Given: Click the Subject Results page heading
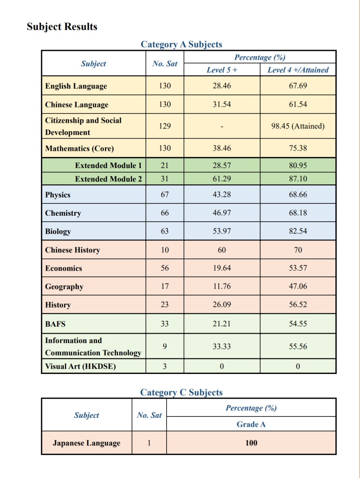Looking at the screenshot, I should click(62, 27).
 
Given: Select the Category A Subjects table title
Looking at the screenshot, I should click(181, 44).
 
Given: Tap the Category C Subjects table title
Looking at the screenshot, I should click(181, 393).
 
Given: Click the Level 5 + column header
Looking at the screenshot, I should click(222, 70).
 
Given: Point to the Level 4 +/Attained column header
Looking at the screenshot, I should click(298, 70).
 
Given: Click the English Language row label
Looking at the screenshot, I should click(76, 86).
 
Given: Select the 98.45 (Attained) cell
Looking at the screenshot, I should click(298, 127).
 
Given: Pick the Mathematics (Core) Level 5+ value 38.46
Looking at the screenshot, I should click(222, 148).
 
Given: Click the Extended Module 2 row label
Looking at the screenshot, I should click(108, 179).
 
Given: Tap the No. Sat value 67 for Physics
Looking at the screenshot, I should click(165, 195).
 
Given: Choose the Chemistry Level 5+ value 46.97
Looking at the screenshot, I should click(222, 213).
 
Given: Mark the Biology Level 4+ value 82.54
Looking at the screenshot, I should click(298, 232).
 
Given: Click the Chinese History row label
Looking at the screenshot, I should click(72, 250).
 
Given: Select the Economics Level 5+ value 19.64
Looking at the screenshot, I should click(222, 268).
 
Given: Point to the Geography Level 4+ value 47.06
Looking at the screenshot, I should click(298, 287).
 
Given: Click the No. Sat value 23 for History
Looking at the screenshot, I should click(165, 305).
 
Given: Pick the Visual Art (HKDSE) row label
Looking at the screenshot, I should click(80, 366).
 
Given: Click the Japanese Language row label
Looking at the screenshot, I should click(86, 443).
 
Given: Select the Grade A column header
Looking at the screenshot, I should click(251, 424).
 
